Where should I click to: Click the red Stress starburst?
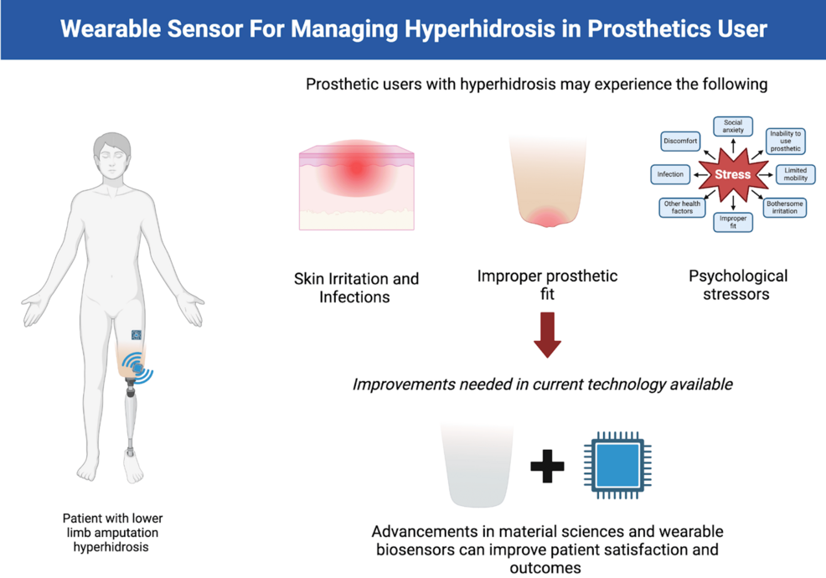733,174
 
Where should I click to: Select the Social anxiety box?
733,126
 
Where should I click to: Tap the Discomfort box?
680,142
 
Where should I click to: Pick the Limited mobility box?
795,174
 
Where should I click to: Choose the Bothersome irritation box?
784,208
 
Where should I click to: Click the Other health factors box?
682,208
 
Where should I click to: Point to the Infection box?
670,174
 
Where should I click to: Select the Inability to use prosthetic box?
785,142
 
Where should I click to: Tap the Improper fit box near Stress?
733,222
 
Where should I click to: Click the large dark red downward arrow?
547,334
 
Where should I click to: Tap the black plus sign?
547,467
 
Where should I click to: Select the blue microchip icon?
617,466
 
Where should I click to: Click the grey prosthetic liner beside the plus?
478,465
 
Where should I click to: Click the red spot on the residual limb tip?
547,217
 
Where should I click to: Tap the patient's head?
111,156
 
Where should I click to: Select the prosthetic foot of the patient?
132,466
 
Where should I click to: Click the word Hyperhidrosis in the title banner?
479,29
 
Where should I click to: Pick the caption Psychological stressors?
737,285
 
